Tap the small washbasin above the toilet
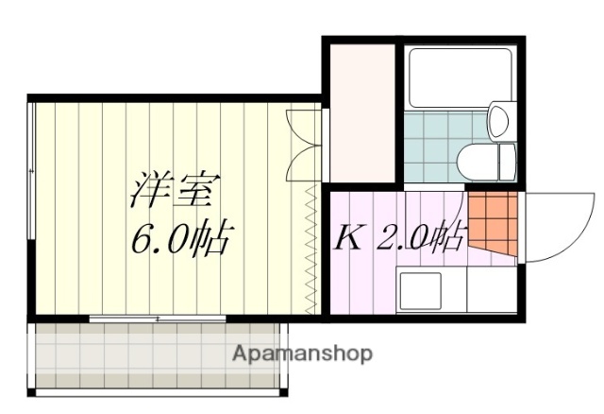[499, 121]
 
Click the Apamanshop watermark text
[302, 354]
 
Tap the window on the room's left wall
[33, 208]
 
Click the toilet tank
[508, 161]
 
